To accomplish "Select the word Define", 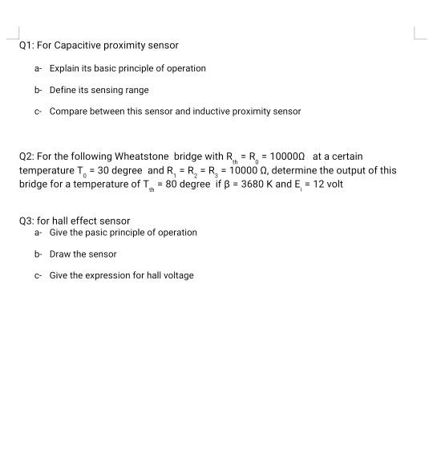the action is coord(63,90).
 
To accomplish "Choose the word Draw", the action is coord(60,254).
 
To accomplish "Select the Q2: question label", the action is coord(26,156).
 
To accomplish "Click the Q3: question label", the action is coord(26,221).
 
